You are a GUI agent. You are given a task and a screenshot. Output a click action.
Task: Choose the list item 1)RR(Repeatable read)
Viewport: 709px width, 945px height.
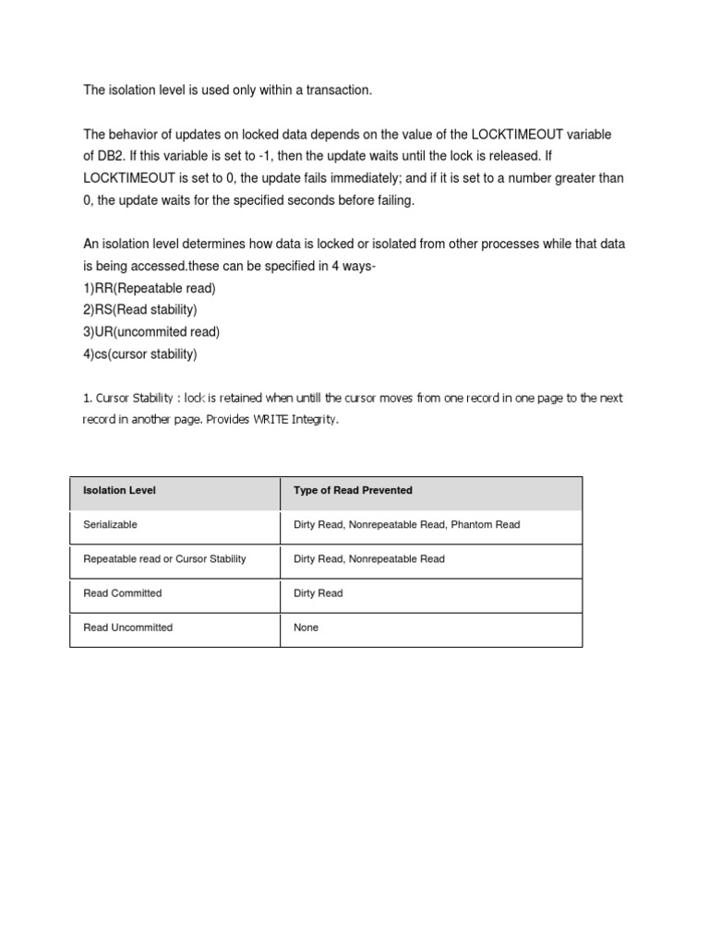pyautogui.click(x=150, y=289)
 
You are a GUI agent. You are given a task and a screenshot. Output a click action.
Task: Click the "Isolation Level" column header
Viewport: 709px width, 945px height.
pyautogui.click(x=119, y=491)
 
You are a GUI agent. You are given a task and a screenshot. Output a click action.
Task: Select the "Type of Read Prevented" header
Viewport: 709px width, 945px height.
pyautogui.click(x=353, y=491)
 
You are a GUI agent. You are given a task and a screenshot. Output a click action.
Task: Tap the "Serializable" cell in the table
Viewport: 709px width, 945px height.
pyautogui.click(x=110, y=525)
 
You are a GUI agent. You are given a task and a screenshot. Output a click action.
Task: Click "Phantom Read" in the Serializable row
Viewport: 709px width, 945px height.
pyautogui.click(x=488, y=525)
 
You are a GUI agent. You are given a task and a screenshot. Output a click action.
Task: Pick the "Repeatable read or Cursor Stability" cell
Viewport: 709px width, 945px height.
pyautogui.click(x=164, y=559)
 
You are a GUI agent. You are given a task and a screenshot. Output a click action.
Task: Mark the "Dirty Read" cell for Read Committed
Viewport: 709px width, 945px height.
pyautogui.click(x=318, y=593)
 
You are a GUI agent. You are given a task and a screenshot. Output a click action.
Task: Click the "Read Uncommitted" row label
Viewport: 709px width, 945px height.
pyautogui.click(x=127, y=628)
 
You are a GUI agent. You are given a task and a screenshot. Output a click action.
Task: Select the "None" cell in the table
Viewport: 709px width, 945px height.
pyautogui.click(x=306, y=628)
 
